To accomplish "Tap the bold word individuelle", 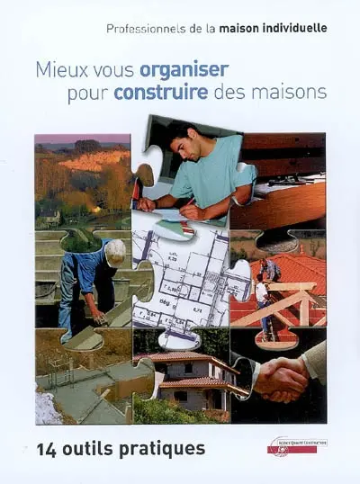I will click(290, 29).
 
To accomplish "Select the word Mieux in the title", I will click(57, 69).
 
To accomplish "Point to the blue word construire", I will click(161, 92).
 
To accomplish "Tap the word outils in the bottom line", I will click(94, 447).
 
